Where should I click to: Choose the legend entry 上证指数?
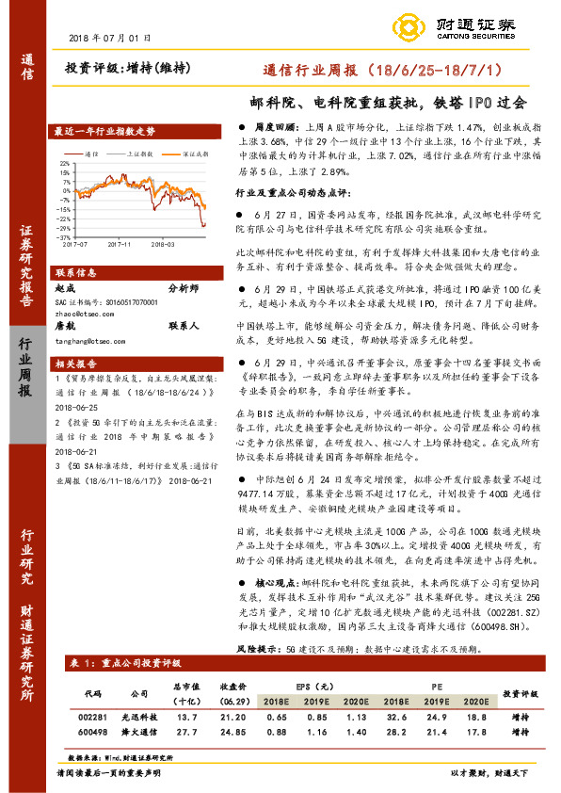[141, 152]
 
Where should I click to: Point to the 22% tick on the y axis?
[64, 162]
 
